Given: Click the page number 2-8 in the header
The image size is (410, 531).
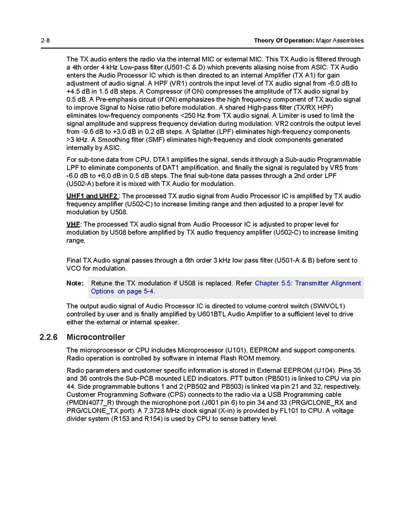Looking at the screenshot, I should tap(45, 41).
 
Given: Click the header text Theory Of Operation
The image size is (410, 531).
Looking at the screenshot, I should tap(284, 41).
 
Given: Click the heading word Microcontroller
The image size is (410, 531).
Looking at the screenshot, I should tap(96, 337).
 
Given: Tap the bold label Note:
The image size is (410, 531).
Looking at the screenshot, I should tap(75, 284).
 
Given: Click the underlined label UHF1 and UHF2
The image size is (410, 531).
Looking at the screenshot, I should tap(92, 196).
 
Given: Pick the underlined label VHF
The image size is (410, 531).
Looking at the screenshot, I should tap(73, 224).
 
